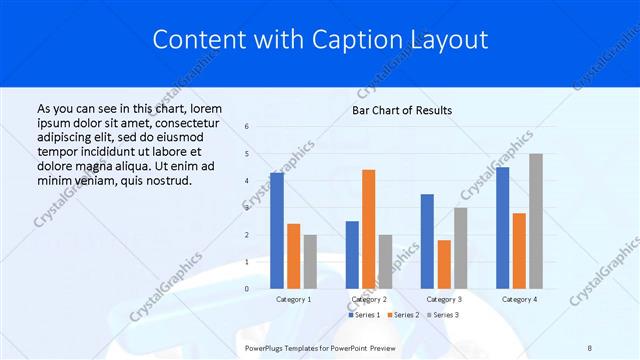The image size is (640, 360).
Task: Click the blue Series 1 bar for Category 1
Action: [x=277, y=231]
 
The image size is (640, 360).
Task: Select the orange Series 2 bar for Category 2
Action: [x=369, y=229]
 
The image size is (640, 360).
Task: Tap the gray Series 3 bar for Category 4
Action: [x=536, y=221]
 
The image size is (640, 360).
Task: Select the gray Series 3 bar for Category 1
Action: [x=310, y=262]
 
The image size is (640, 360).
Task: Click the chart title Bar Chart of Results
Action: [x=402, y=110]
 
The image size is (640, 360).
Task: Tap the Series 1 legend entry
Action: [x=364, y=315]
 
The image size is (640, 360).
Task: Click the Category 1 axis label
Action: [x=293, y=299]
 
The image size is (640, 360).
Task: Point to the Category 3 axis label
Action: [x=444, y=299]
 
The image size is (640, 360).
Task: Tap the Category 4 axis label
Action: [x=519, y=299]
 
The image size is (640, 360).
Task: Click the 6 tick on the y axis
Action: [x=247, y=127]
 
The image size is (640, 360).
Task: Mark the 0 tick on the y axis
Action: [x=247, y=289]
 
